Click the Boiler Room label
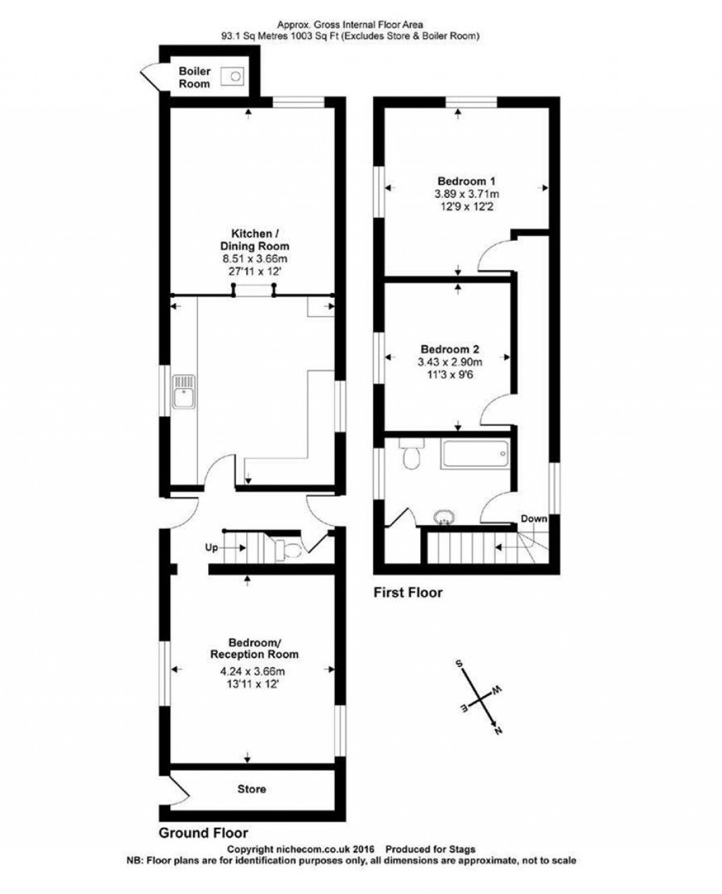[194, 77]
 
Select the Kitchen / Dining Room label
[255, 239]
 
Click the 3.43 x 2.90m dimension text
[450, 362]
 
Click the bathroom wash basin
[445, 517]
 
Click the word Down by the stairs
[534, 519]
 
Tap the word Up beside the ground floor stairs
[212, 548]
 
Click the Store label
[252, 789]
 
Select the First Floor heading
[408, 592]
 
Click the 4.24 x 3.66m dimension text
[253, 671]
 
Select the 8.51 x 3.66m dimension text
[255, 259]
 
